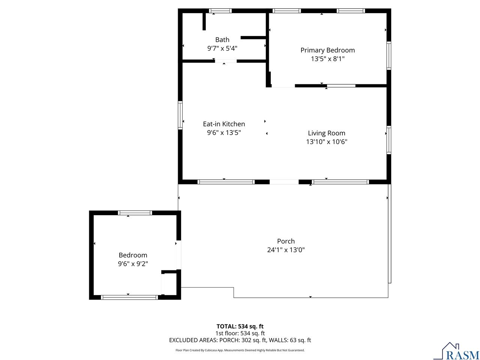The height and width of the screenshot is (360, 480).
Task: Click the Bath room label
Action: coord(222,40)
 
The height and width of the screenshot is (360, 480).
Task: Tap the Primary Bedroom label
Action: coord(327,50)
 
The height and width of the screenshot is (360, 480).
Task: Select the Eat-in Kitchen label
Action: coord(224,124)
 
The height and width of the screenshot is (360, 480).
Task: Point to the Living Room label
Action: coord(327,133)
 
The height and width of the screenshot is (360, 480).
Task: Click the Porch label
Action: coord(286,241)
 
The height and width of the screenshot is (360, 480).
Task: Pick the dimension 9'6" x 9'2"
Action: coord(133,264)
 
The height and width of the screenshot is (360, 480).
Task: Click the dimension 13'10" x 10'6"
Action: coord(327,142)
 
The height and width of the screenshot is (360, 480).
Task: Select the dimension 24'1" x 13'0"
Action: coord(286,250)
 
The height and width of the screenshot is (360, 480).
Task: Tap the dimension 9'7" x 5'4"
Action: coord(222,48)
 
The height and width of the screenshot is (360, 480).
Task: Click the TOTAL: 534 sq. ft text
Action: coord(240,326)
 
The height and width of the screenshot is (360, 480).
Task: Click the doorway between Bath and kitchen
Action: coord(226,61)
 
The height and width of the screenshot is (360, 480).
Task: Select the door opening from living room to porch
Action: coord(284,182)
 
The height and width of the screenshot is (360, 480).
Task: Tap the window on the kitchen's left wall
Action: coord(180,115)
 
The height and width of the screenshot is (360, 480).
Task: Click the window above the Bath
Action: coord(220,11)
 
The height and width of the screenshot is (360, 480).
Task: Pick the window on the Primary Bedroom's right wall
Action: coord(388,55)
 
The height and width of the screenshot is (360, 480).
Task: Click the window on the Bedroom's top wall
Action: coord(135,213)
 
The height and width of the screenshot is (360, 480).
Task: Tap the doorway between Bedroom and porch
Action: coord(178,255)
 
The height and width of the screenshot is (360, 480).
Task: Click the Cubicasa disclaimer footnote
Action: coord(240,350)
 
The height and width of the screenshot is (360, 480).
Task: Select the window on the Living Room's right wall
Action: coord(388,140)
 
